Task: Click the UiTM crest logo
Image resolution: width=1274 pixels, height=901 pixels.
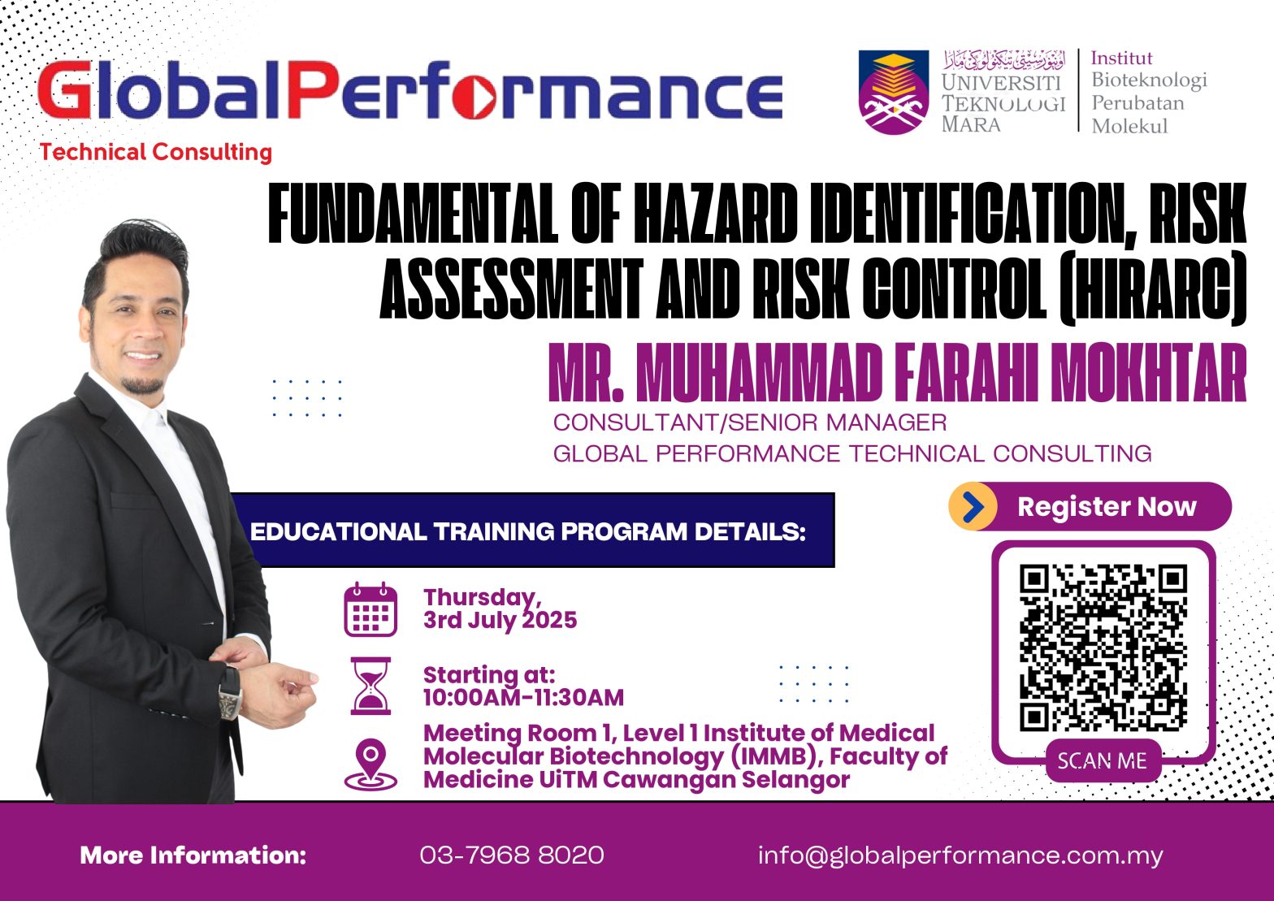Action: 894,92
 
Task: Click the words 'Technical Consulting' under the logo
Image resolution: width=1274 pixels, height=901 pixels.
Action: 156,153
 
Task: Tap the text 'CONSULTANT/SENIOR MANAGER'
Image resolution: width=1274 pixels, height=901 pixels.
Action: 750,422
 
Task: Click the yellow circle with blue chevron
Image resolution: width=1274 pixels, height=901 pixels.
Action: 973,506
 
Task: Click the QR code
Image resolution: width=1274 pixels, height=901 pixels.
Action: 1103,648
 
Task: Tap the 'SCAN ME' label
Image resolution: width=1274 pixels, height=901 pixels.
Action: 1103,761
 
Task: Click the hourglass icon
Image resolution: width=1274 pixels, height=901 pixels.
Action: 370,686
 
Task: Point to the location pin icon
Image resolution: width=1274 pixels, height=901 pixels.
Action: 370,765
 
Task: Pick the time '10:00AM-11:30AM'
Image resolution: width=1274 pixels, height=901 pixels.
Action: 523,697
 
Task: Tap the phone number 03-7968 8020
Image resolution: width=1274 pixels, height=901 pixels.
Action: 512,855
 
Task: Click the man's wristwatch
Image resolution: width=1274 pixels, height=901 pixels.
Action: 229,693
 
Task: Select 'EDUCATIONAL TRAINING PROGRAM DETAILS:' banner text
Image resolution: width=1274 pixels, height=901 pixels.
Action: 528,532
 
